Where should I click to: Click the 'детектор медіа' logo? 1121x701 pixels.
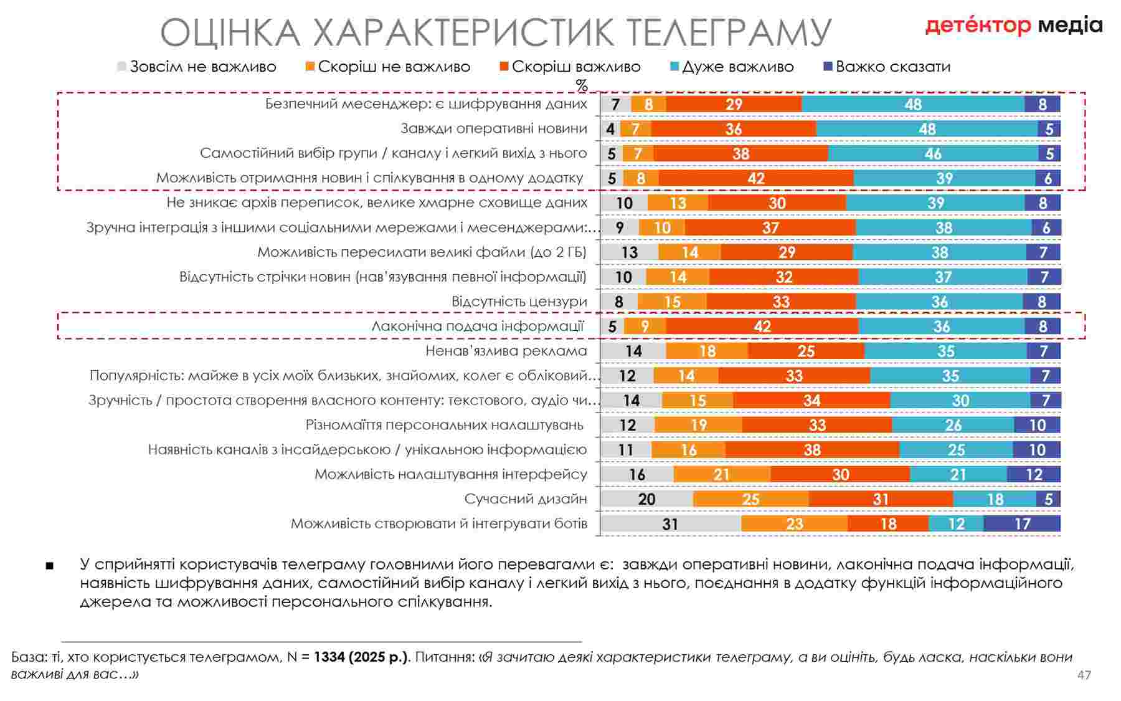(x=1013, y=26)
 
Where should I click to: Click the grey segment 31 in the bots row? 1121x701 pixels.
(x=671, y=523)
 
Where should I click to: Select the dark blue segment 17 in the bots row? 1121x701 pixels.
(x=1022, y=523)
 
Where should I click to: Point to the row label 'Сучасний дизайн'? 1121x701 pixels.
(x=526, y=498)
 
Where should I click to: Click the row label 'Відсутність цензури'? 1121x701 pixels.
(x=519, y=302)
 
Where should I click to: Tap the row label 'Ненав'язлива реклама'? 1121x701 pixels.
(x=506, y=351)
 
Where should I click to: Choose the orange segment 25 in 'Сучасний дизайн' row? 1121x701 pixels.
(x=750, y=498)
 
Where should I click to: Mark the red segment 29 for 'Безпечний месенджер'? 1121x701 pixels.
(x=734, y=104)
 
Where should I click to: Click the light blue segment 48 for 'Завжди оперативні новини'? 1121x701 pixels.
(x=927, y=129)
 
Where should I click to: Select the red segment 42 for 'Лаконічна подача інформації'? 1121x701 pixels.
(x=762, y=326)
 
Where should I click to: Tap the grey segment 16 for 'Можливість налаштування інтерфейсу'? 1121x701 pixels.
(x=637, y=474)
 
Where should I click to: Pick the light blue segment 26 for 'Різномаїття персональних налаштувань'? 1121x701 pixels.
(x=953, y=425)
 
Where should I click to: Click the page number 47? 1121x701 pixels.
(x=1084, y=675)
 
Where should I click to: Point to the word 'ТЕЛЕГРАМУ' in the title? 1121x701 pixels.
(x=728, y=32)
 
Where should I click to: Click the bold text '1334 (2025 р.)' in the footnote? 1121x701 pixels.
(x=361, y=657)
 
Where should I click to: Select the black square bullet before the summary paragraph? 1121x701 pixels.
(x=50, y=566)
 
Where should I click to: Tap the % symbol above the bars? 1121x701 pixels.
(x=582, y=85)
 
